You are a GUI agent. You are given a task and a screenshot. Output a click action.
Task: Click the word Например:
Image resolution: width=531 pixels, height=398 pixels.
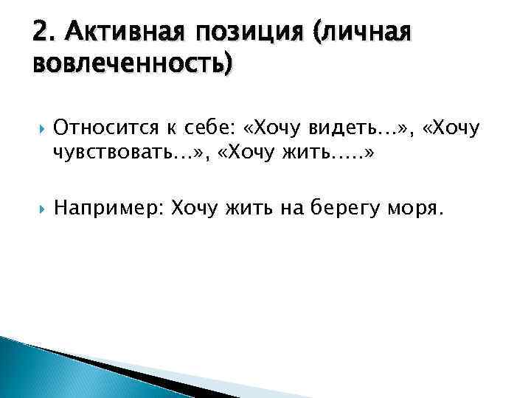point(109,209)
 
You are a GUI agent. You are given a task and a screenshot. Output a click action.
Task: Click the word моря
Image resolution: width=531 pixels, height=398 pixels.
point(417,209)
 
